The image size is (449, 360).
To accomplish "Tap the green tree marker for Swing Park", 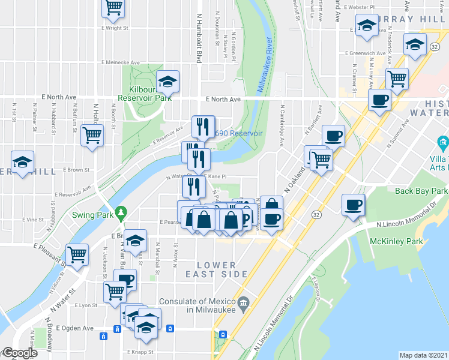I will (121, 212).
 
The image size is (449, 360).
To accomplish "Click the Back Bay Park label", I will (421, 191).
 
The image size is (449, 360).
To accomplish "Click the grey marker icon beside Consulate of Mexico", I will (243, 301).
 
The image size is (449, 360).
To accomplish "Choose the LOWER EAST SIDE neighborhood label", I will (221, 269).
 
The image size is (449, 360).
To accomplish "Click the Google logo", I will (19, 353).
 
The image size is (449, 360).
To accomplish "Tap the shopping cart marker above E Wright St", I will (113, 7).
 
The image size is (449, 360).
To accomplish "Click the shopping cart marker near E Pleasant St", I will (77, 254).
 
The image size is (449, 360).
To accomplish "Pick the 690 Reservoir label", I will (238, 133).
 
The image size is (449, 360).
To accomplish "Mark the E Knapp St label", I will (141, 352).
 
